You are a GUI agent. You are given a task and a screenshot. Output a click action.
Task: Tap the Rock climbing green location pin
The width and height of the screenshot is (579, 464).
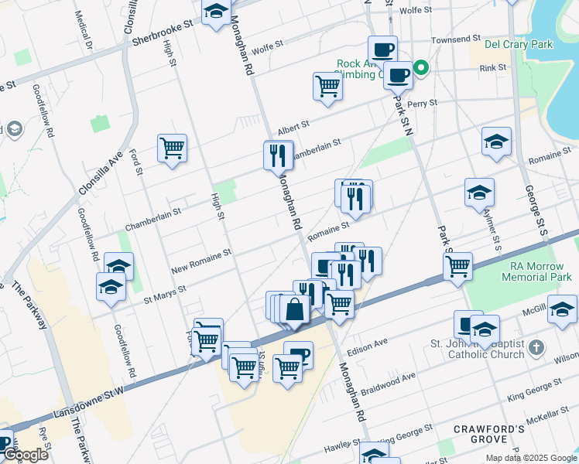(x=422, y=68)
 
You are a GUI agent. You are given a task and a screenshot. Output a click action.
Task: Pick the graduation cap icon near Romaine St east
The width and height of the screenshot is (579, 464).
(x=496, y=141)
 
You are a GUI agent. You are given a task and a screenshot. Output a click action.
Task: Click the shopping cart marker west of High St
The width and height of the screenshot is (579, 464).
(x=172, y=147)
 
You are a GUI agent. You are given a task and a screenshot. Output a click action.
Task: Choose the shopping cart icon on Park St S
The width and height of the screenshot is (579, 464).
(x=458, y=265)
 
